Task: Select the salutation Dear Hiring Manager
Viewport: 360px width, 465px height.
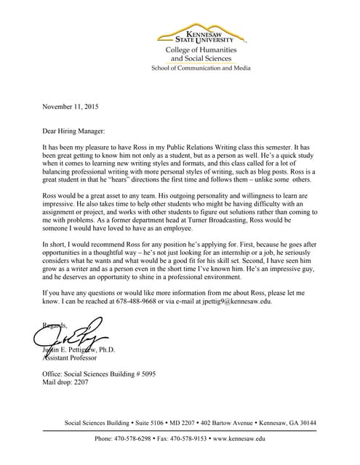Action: [x=73, y=132]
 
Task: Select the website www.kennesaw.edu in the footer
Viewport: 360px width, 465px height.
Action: [x=239, y=439]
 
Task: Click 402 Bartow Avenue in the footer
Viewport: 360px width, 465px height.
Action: [x=228, y=423]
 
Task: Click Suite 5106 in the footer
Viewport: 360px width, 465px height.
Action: [x=148, y=423]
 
